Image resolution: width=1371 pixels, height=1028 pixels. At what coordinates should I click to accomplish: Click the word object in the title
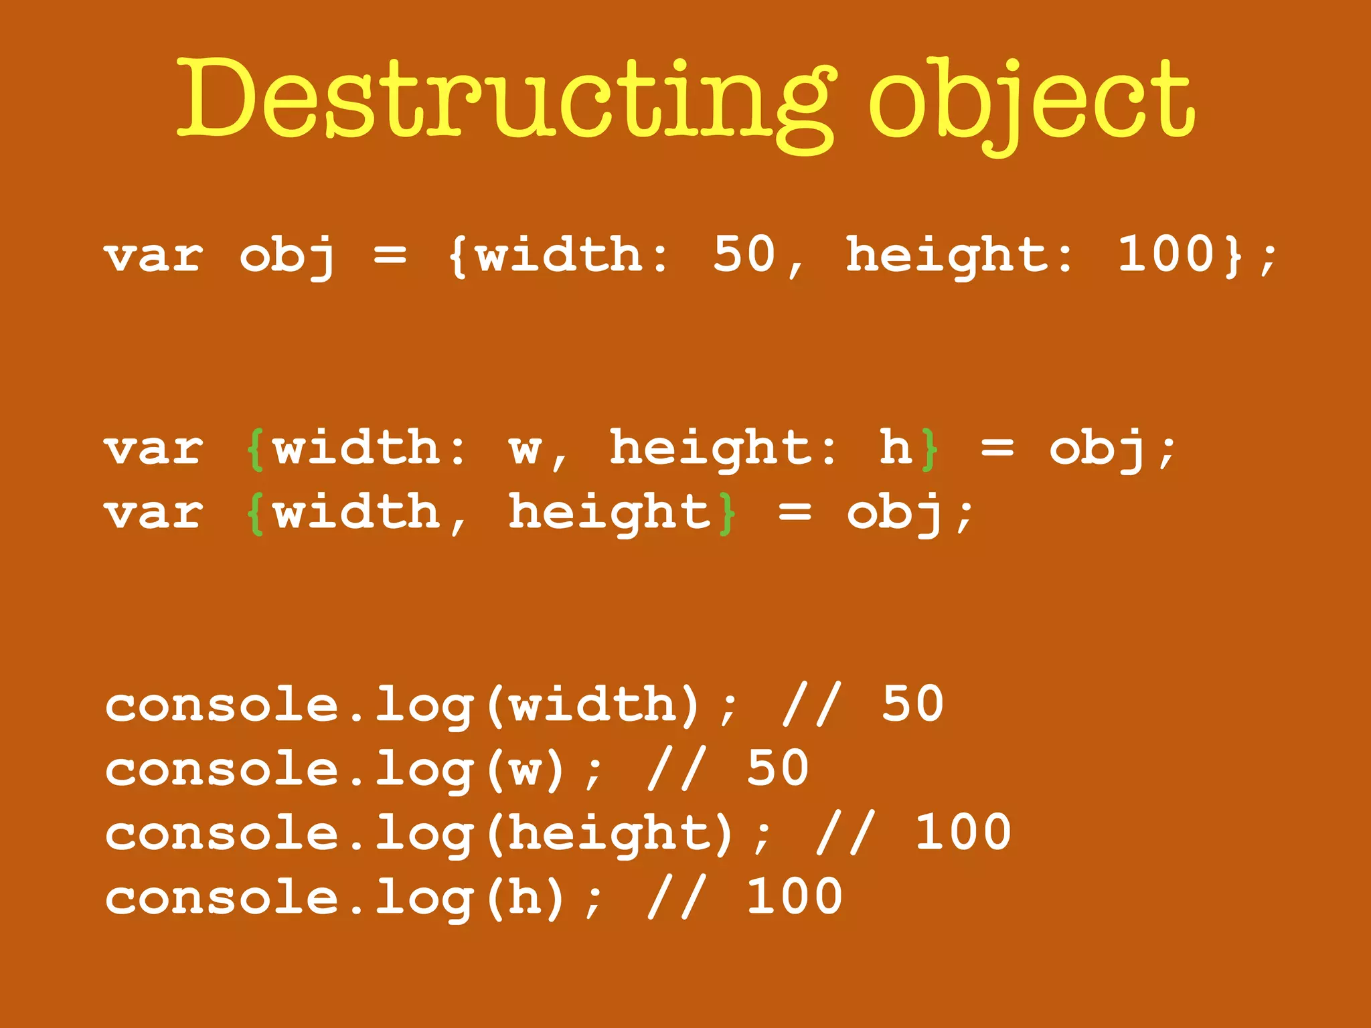[x=1031, y=100]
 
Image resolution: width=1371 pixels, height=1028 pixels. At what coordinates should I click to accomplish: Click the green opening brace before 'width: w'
[x=255, y=448]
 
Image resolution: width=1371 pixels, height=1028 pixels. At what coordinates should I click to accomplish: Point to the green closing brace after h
[x=929, y=448]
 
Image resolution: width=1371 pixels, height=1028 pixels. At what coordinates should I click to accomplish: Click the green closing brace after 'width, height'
[x=727, y=513]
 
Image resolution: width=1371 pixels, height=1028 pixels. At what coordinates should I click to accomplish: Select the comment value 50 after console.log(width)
[x=912, y=704]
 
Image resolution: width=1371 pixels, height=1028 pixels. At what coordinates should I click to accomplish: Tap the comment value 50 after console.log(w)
[x=777, y=768]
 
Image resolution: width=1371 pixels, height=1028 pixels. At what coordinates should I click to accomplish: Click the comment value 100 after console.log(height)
[x=963, y=833]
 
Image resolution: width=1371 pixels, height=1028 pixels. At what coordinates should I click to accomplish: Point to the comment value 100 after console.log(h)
[x=794, y=897]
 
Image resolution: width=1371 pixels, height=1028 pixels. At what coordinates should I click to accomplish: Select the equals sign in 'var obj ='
[x=390, y=256]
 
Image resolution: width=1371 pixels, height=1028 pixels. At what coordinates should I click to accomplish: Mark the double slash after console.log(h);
[x=676, y=897]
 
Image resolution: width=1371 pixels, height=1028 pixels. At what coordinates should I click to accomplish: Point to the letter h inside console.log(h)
[x=526, y=897]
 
